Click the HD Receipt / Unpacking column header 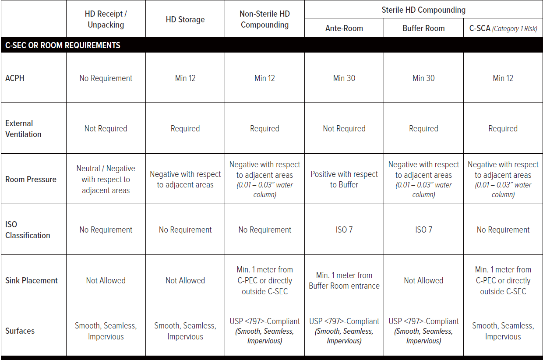tap(106, 19)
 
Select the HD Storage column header tap(185, 19)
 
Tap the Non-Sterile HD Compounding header tap(264, 19)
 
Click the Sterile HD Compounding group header tap(423, 10)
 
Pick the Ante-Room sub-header tap(344, 28)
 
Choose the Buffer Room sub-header tap(423, 28)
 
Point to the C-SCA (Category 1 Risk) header tap(503, 28)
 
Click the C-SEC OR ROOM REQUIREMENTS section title tap(63, 45)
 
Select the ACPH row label tap(15, 78)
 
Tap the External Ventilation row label tap(23, 129)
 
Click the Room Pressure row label tap(31, 179)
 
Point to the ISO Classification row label tap(28, 230)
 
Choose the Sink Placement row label tap(32, 280)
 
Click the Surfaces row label tap(20, 331)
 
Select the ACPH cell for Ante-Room tap(344, 78)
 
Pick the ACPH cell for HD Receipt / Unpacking tap(106, 78)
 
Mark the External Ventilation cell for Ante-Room tap(344, 129)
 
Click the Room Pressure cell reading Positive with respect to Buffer tap(344, 179)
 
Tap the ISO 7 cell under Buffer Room tap(423, 230)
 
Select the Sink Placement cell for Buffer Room tap(423, 280)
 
